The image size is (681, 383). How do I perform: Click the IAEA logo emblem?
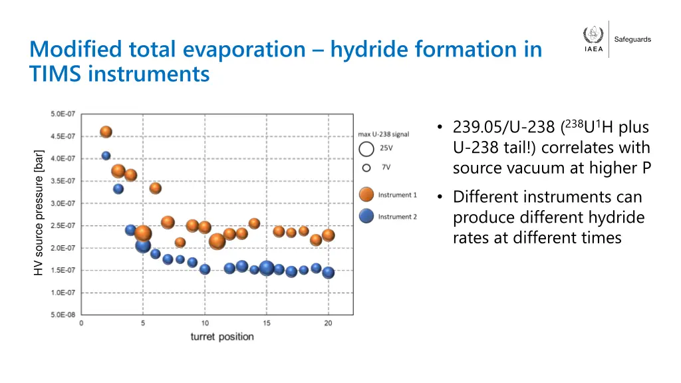(593, 35)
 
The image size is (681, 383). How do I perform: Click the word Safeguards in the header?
(632, 40)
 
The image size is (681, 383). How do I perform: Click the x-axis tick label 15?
(267, 324)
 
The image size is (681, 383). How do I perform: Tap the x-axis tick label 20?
(328, 324)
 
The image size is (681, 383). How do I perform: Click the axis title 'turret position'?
(222, 336)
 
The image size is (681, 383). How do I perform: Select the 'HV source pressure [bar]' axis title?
(39, 212)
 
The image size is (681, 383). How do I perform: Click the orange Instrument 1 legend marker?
(366, 195)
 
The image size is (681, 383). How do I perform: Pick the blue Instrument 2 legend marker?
(366, 216)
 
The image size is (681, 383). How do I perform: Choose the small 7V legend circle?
(366, 168)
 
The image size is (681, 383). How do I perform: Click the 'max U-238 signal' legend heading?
(384, 134)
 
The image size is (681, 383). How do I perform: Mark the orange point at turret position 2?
(106, 132)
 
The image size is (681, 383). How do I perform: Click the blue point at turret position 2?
(106, 156)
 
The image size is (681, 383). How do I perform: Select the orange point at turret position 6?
(156, 188)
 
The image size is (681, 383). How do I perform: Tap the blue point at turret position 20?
(328, 273)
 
